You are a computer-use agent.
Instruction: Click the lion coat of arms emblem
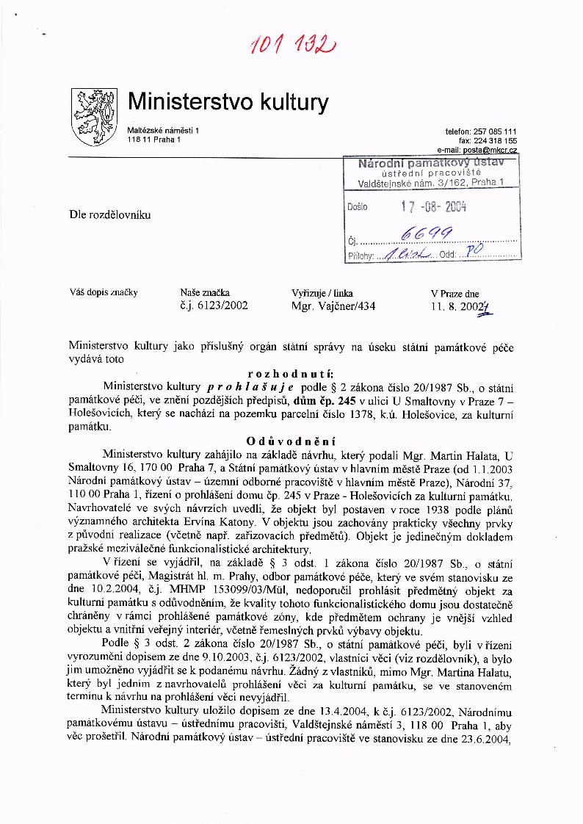[x=93, y=116]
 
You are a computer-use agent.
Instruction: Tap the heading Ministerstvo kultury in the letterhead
[x=228, y=102]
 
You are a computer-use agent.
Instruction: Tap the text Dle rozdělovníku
[x=109, y=215]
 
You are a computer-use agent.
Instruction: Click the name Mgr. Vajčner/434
[x=333, y=306]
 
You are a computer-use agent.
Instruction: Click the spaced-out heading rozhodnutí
[x=291, y=373]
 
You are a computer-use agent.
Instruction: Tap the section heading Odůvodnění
[x=291, y=441]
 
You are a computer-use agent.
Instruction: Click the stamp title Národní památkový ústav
[x=431, y=162]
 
